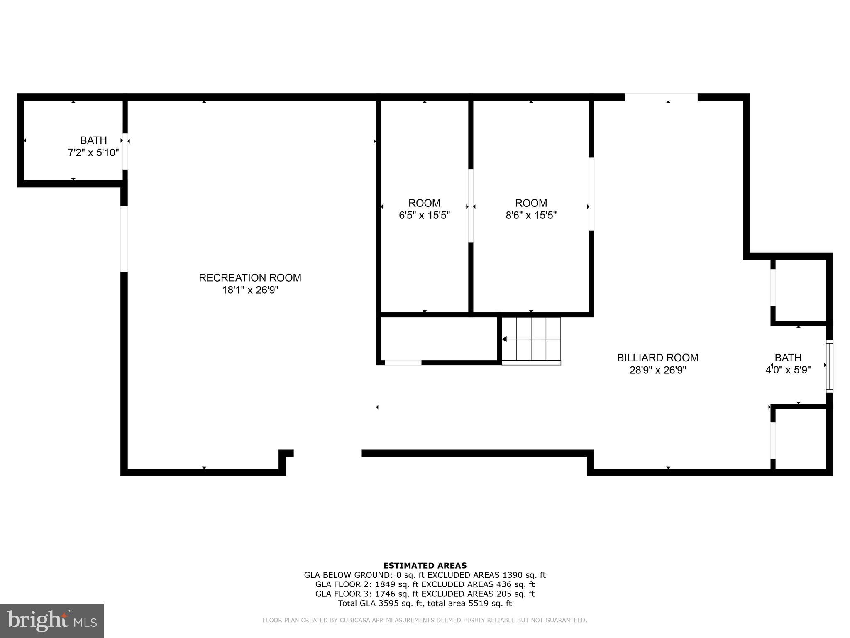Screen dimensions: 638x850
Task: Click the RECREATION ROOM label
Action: point(250,277)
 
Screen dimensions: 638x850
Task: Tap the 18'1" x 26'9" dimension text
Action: point(250,290)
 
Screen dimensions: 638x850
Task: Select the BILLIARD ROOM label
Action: point(657,358)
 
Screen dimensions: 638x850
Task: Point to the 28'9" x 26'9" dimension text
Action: point(657,370)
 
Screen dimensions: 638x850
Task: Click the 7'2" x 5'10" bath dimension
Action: point(93,152)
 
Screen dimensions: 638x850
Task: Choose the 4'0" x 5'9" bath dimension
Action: point(788,370)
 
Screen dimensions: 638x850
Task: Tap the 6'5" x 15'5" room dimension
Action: point(424,215)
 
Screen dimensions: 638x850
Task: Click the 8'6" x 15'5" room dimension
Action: point(531,215)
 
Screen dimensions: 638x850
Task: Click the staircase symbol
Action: point(531,339)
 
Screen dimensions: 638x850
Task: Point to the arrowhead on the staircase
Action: point(504,339)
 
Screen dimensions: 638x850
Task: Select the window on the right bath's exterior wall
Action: point(829,366)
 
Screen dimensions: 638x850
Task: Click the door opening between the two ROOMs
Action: point(471,206)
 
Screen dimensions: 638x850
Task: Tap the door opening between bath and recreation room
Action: point(125,151)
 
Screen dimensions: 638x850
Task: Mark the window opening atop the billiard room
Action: point(661,97)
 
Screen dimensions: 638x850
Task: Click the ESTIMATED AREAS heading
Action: point(425,565)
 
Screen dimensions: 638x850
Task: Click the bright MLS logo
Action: point(52,621)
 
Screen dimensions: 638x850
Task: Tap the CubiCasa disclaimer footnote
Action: point(425,620)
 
